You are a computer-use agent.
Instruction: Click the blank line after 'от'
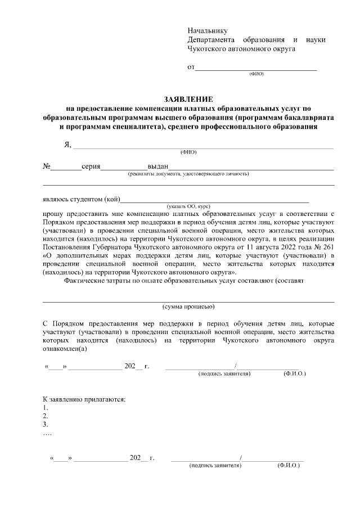pos(255,69)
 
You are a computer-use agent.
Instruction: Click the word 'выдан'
pos(157,167)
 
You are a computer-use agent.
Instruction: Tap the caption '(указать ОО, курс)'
pos(188,206)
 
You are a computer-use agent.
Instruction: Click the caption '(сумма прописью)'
pos(188,307)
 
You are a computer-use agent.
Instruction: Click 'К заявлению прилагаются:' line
pos(84,399)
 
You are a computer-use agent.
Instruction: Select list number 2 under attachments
pos(46,416)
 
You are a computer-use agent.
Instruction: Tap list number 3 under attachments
pos(46,425)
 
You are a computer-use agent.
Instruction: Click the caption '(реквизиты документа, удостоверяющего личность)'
pos(188,174)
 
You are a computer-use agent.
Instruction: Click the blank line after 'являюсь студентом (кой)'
pos(215,199)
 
